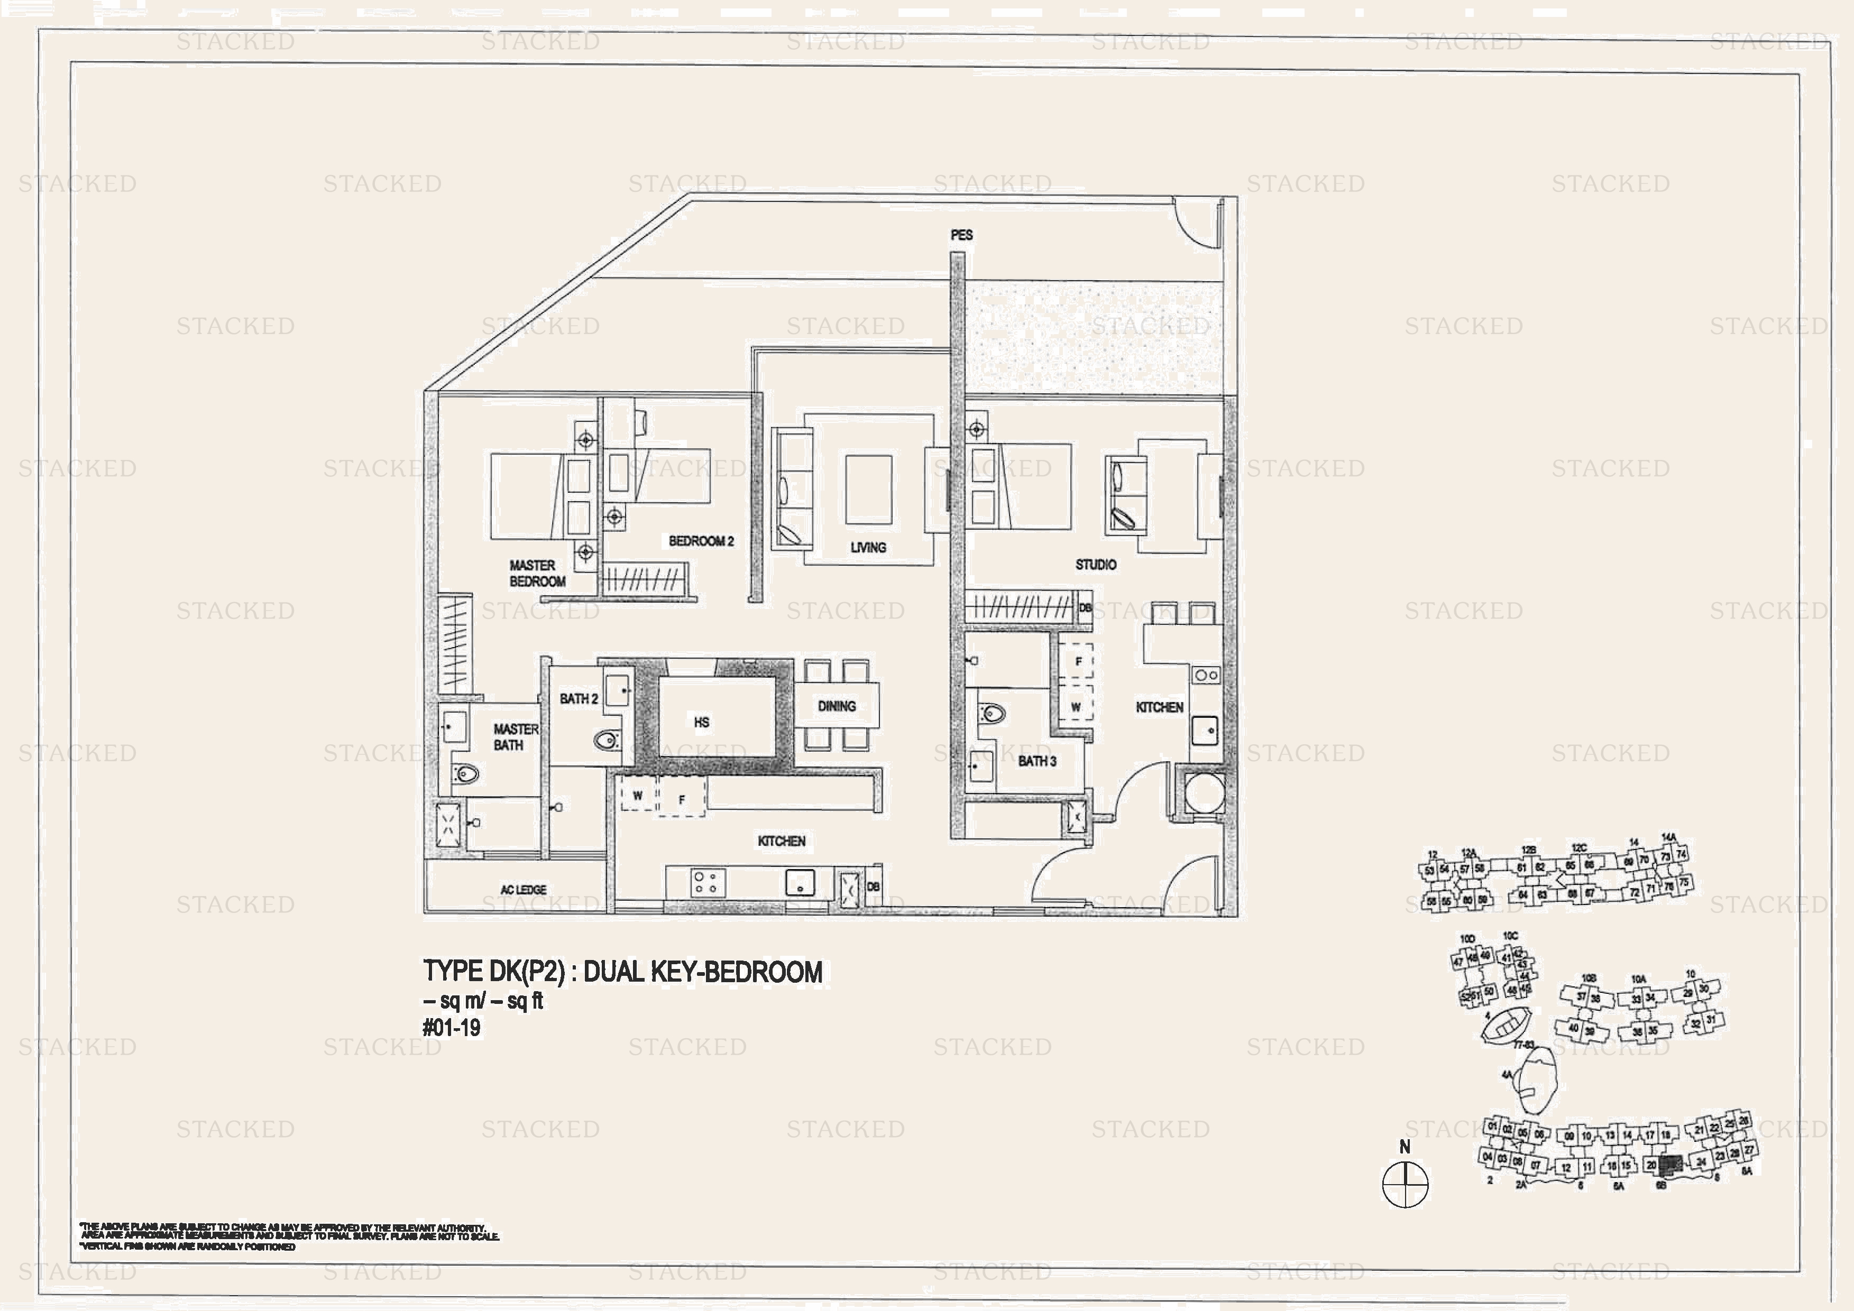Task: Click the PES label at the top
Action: pyautogui.click(x=961, y=235)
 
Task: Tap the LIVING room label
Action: pyautogui.click(x=868, y=547)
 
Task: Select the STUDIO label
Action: pyautogui.click(x=1095, y=564)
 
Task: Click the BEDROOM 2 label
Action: pyautogui.click(x=701, y=541)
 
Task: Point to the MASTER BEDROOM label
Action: pyautogui.click(x=537, y=573)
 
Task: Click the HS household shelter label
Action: pyautogui.click(x=701, y=722)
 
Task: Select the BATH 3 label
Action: pyautogui.click(x=1037, y=761)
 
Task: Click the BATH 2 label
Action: pyautogui.click(x=578, y=698)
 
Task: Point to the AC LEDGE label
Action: pyautogui.click(x=523, y=890)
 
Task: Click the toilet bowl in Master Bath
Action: pyautogui.click(x=466, y=774)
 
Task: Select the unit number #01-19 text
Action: pyautogui.click(x=452, y=1028)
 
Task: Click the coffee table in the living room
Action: pyautogui.click(x=868, y=489)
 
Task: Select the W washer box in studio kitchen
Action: pyautogui.click(x=1076, y=706)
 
